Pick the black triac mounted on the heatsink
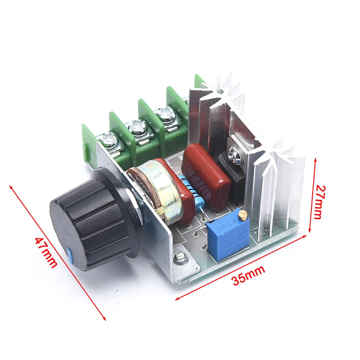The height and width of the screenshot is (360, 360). (233, 178)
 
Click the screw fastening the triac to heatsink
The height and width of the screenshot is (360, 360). (236, 153)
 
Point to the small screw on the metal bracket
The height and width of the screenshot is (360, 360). (180, 257)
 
